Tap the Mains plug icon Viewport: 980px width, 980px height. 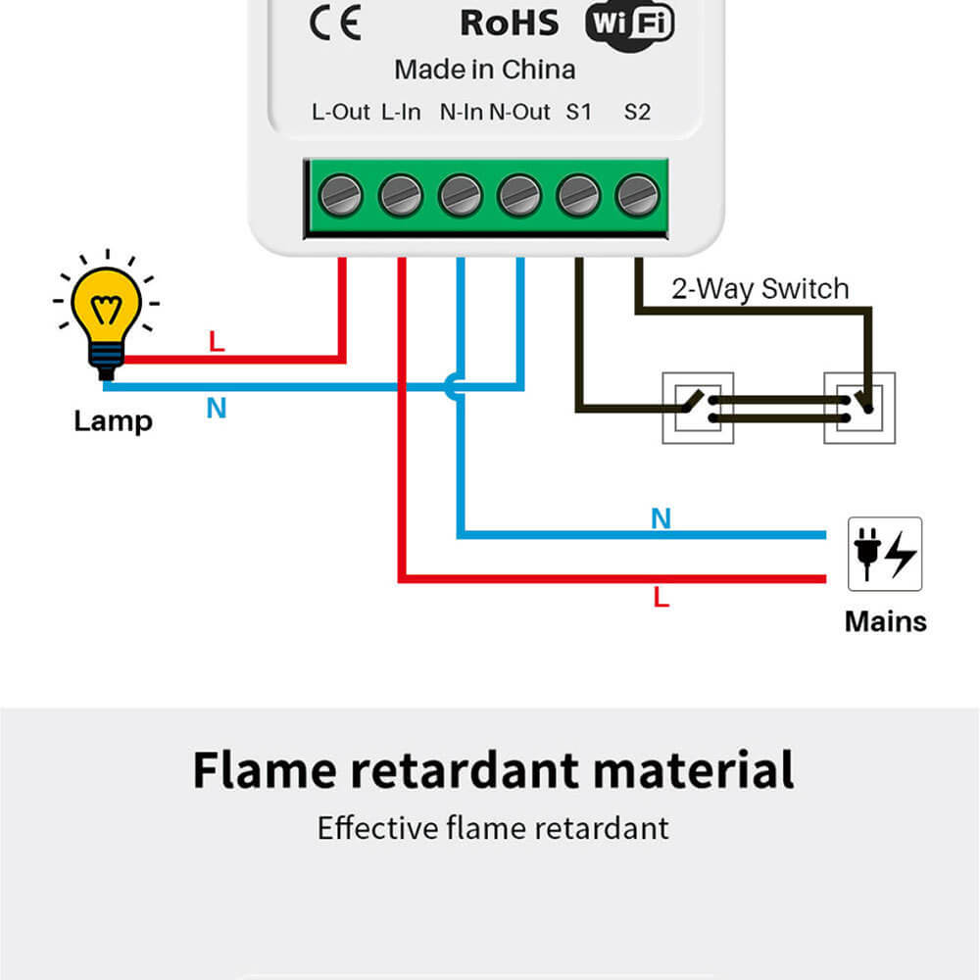coord(884,554)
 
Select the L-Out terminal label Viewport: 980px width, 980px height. coord(341,112)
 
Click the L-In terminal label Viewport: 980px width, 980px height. coord(401,112)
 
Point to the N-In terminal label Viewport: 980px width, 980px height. coord(461,112)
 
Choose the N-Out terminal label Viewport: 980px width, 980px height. coord(519,112)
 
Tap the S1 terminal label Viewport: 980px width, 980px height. coord(578,112)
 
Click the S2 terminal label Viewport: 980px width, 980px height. coord(637,112)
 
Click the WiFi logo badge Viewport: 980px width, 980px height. coord(630,24)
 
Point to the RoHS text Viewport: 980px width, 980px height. coord(509,23)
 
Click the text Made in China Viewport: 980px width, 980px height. coord(484,70)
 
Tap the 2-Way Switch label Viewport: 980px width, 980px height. coord(759,289)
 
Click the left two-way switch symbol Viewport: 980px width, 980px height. coord(697,407)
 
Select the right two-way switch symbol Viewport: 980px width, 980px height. coord(858,407)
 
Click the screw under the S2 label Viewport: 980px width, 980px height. coord(637,195)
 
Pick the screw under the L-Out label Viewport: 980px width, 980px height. coord(341,195)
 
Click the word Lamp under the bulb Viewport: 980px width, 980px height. coord(113,421)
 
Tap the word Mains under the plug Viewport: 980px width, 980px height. coord(885,621)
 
